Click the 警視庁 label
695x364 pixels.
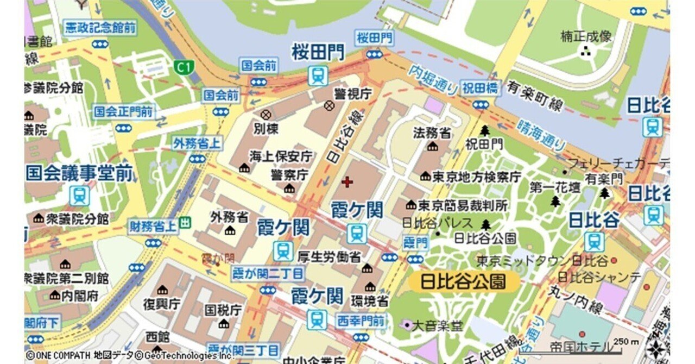pos(352,93)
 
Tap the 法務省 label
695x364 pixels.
pos(432,133)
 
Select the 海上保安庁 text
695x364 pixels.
pos(281,156)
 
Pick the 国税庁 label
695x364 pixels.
pos(223,310)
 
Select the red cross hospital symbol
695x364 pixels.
pos(346,182)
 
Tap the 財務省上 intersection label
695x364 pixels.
pos(153,227)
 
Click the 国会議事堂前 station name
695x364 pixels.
pos(79,173)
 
